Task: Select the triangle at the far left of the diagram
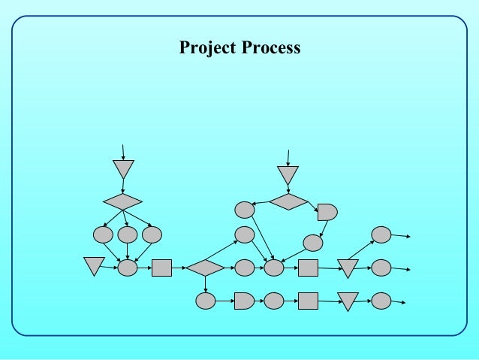[x=94, y=265]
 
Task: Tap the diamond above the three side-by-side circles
[x=122, y=201]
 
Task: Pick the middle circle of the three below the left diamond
[x=128, y=234]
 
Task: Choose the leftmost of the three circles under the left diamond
[x=103, y=234]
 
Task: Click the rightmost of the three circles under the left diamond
[x=152, y=234]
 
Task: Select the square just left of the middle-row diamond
[x=161, y=268]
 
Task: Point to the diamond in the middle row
[x=205, y=268]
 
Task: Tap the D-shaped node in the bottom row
[x=244, y=301]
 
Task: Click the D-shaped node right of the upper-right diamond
[x=327, y=212]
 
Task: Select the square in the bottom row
[x=308, y=301]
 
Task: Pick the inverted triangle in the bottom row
[x=348, y=301]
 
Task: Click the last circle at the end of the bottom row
[x=381, y=301]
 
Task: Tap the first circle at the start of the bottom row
[x=206, y=301]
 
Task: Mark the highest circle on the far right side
[x=381, y=234]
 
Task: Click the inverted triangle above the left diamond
[x=123, y=168]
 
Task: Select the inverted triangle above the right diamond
[x=288, y=174]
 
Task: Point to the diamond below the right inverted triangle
[x=289, y=201]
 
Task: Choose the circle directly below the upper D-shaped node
[x=313, y=243]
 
